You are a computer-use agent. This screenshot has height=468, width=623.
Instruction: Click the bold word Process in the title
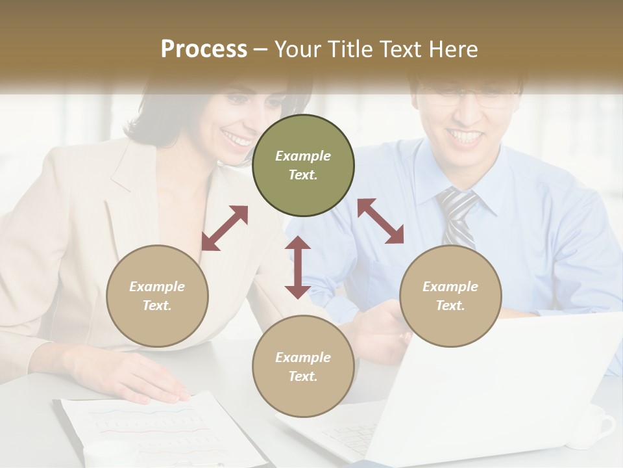204,49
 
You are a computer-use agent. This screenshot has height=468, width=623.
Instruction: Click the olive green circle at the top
303,165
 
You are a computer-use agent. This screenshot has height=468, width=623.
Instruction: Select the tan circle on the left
157,296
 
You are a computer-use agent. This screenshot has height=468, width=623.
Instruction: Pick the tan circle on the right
450,296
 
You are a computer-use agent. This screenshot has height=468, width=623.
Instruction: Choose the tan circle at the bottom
303,367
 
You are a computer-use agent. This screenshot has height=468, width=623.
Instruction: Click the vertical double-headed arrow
298,267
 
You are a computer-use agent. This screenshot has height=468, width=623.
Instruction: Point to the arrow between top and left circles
225,228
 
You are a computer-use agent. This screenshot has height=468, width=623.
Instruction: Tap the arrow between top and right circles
380,221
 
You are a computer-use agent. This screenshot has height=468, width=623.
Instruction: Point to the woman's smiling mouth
237,138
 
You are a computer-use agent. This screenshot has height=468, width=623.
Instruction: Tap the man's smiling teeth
466,136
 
